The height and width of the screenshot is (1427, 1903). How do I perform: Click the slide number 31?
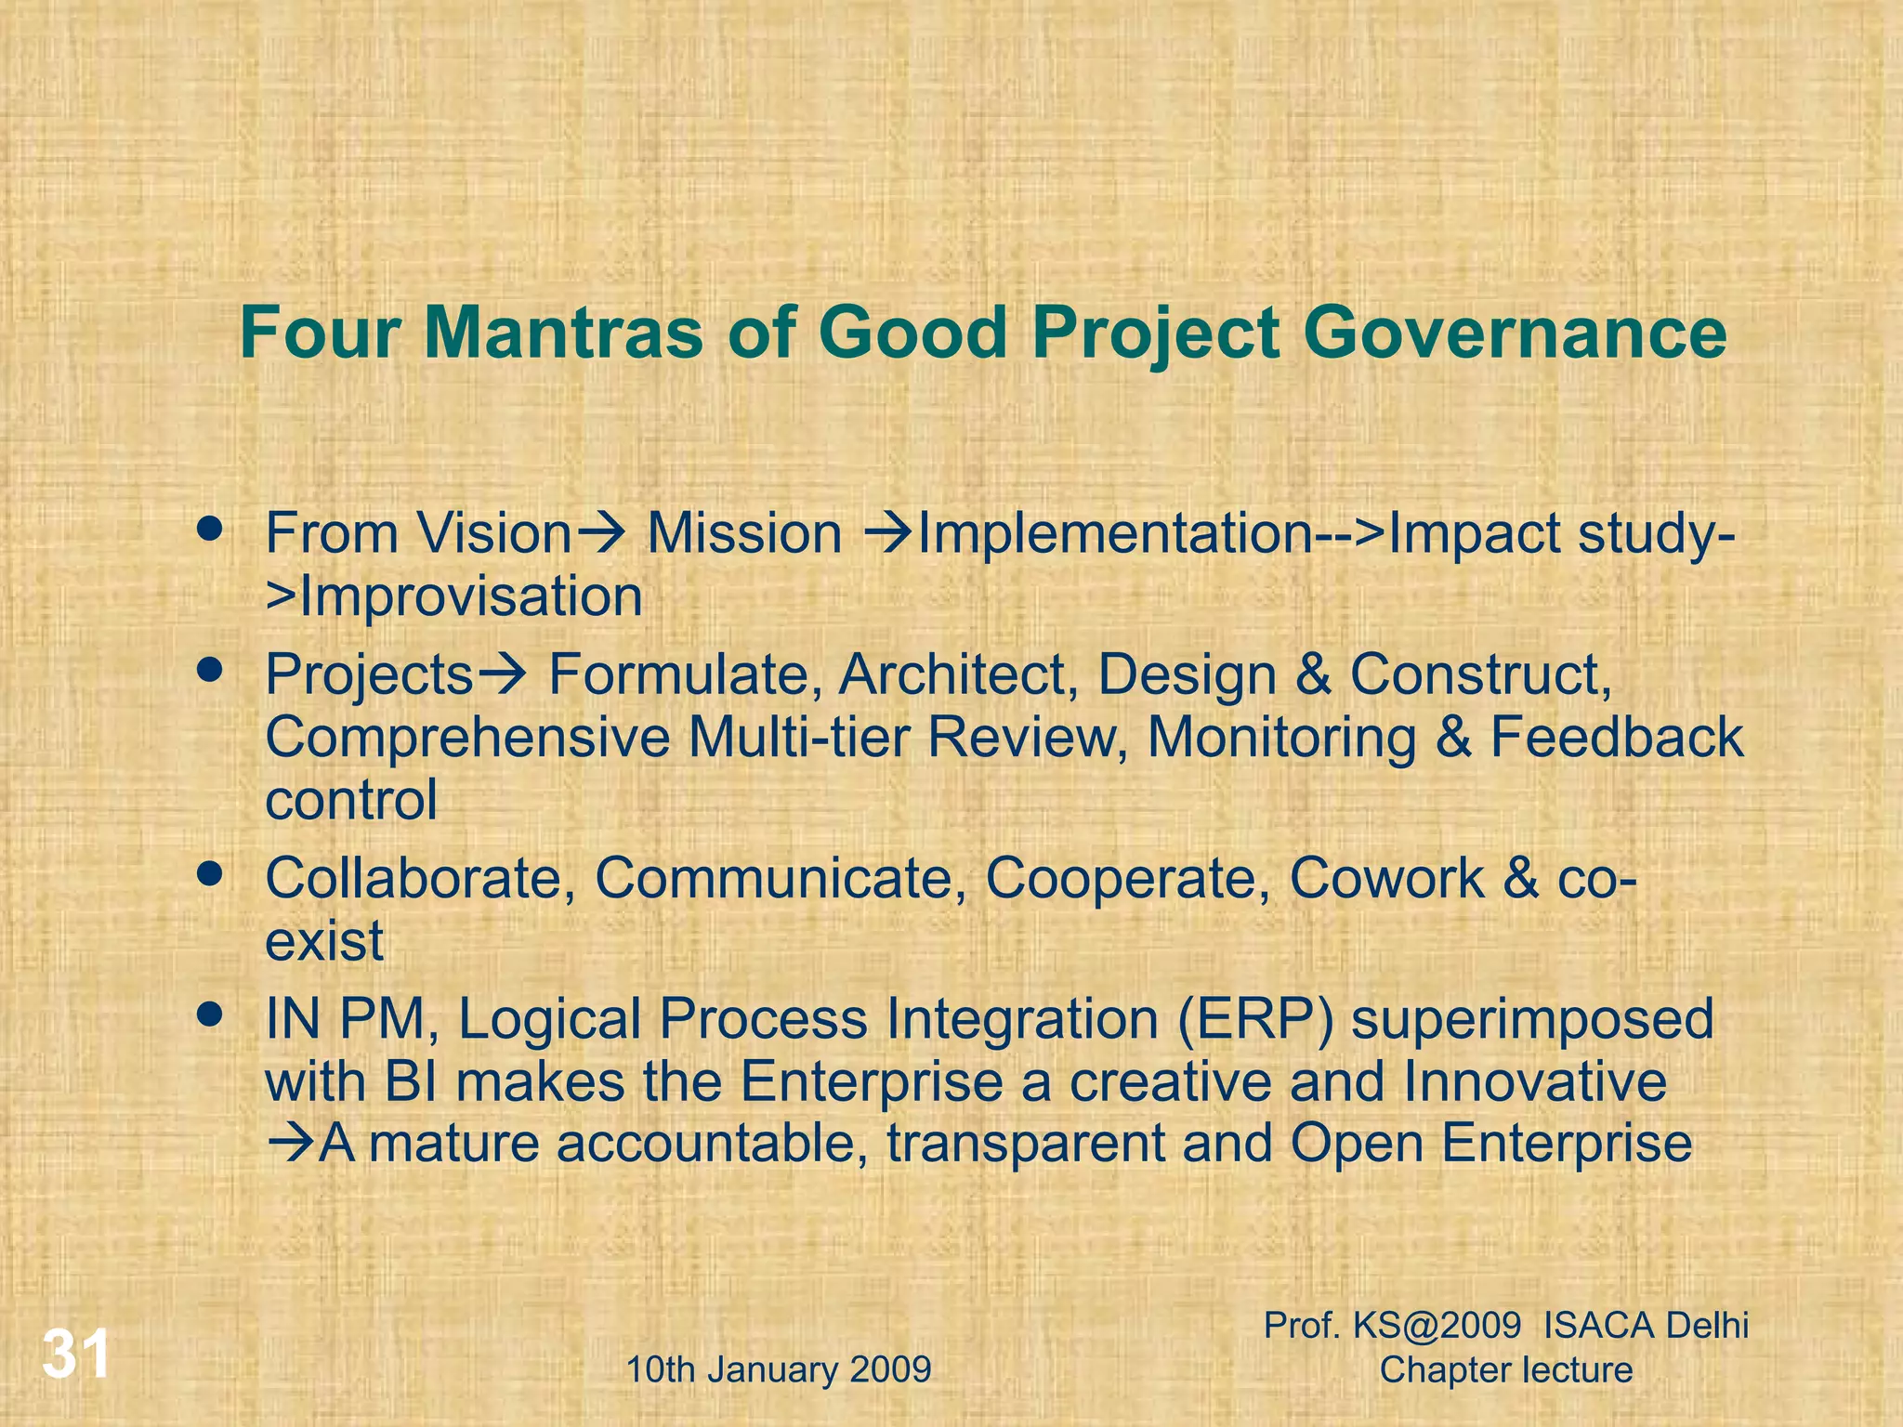point(76,1355)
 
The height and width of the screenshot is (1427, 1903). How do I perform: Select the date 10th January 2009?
point(779,1369)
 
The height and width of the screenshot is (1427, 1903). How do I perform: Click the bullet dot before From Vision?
point(211,530)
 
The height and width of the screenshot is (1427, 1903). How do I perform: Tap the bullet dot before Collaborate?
point(211,873)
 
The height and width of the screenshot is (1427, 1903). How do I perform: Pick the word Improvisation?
point(470,596)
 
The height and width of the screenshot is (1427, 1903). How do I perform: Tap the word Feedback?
point(1617,738)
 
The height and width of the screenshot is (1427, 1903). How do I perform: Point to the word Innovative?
point(1534,1082)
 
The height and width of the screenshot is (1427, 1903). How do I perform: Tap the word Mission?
point(744,535)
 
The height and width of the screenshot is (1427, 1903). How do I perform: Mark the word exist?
point(323,941)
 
